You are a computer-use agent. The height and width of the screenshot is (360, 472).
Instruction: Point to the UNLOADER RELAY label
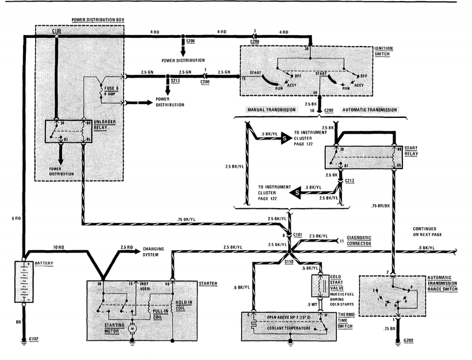[108, 126]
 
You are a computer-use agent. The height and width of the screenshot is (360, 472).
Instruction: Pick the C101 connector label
[298, 235]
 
